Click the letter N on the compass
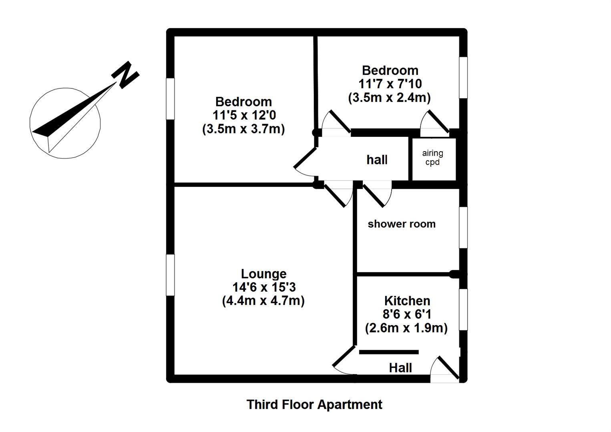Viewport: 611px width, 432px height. (x=126, y=74)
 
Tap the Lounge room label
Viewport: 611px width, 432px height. (x=263, y=274)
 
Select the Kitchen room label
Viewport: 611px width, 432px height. (x=407, y=300)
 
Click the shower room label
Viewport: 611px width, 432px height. (x=401, y=224)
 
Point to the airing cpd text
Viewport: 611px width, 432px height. (x=432, y=158)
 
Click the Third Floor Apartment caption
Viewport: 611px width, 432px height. (x=314, y=404)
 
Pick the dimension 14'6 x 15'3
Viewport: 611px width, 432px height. (x=263, y=287)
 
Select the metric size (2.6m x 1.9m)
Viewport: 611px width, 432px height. (x=406, y=328)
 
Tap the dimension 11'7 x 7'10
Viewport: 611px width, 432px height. (x=390, y=84)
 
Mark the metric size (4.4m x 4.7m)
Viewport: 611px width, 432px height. (x=263, y=300)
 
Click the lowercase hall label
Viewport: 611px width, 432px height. (x=377, y=160)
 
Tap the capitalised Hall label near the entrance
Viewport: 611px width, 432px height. (x=400, y=368)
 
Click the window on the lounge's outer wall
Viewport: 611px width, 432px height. (x=171, y=275)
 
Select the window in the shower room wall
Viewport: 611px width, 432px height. (x=463, y=227)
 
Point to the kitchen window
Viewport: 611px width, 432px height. (x=463, y=310)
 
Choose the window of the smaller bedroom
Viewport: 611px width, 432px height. (x=463, y=78)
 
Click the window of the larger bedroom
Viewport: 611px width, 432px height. (x=171, y=98)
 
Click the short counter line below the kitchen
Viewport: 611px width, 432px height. (x=389, y=352)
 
